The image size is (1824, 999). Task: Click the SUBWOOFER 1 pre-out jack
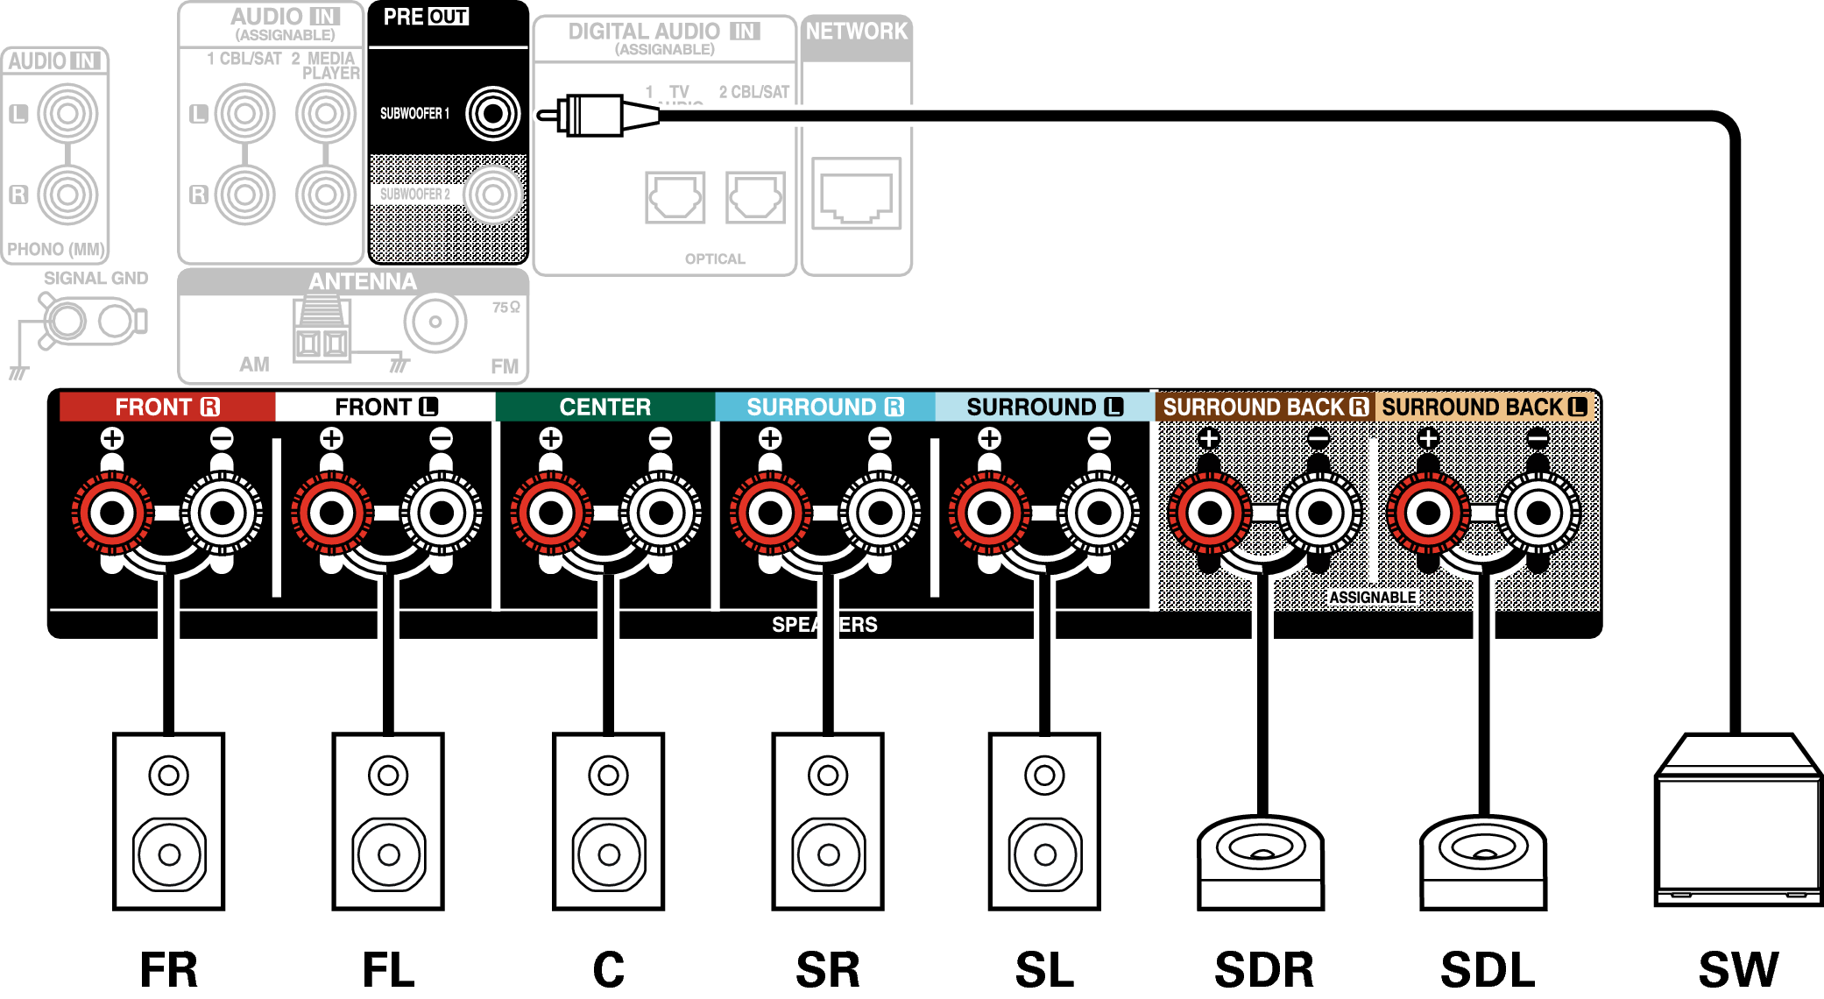(x=492, y=113)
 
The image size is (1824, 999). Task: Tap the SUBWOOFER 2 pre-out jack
(x=492, y=195)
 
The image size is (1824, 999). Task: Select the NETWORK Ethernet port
(x=856, y=194)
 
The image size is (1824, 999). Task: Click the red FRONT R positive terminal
(x=112, y=513)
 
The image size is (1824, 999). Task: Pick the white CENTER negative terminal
(x=661, y=513)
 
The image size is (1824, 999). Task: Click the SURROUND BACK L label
(x=1484, y=407)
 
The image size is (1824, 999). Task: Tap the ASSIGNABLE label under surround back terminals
(x=1372, y=598)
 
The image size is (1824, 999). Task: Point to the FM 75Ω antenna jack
(x=435, y=322)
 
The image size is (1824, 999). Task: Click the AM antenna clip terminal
(x=322, y=331)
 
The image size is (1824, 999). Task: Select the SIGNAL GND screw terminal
(x=66, y=321)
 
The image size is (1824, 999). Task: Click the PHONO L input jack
(x=67, y=113)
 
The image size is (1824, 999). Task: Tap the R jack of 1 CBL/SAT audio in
(x=244, y=195)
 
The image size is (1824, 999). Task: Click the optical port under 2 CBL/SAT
(x=755, y=197)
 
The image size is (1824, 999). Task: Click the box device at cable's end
(x=1738, y=824)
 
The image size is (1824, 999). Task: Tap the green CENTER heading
(x=604, y=407)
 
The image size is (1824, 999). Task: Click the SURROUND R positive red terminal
(x=770, y=513)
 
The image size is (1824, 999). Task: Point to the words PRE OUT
(x=426, y=17)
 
